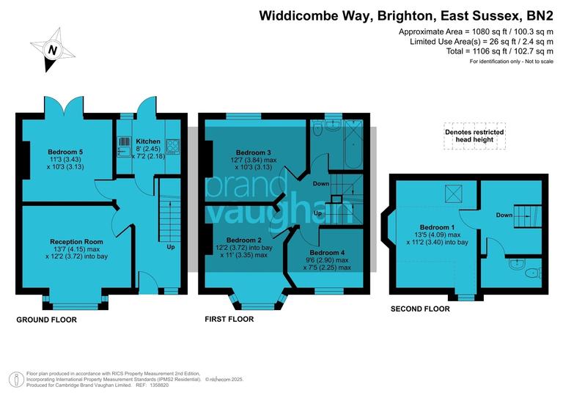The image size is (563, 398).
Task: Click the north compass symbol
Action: [51, 50]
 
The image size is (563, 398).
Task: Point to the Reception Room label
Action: [76, 241]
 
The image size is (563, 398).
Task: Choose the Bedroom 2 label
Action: [243, 240]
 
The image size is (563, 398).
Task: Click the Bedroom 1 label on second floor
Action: [437, 227]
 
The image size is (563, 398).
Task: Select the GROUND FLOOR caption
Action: [46, 320]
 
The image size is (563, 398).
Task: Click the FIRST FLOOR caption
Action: [229, 320]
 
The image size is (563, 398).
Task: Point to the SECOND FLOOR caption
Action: [419, 309]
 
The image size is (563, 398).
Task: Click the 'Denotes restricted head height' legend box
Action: [474, 135]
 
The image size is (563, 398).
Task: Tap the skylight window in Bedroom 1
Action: [454, 194]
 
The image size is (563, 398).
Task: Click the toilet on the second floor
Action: [532, 273]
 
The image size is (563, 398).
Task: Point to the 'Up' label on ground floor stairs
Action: [171, 247]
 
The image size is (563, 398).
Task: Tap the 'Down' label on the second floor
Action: [504, 215]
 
